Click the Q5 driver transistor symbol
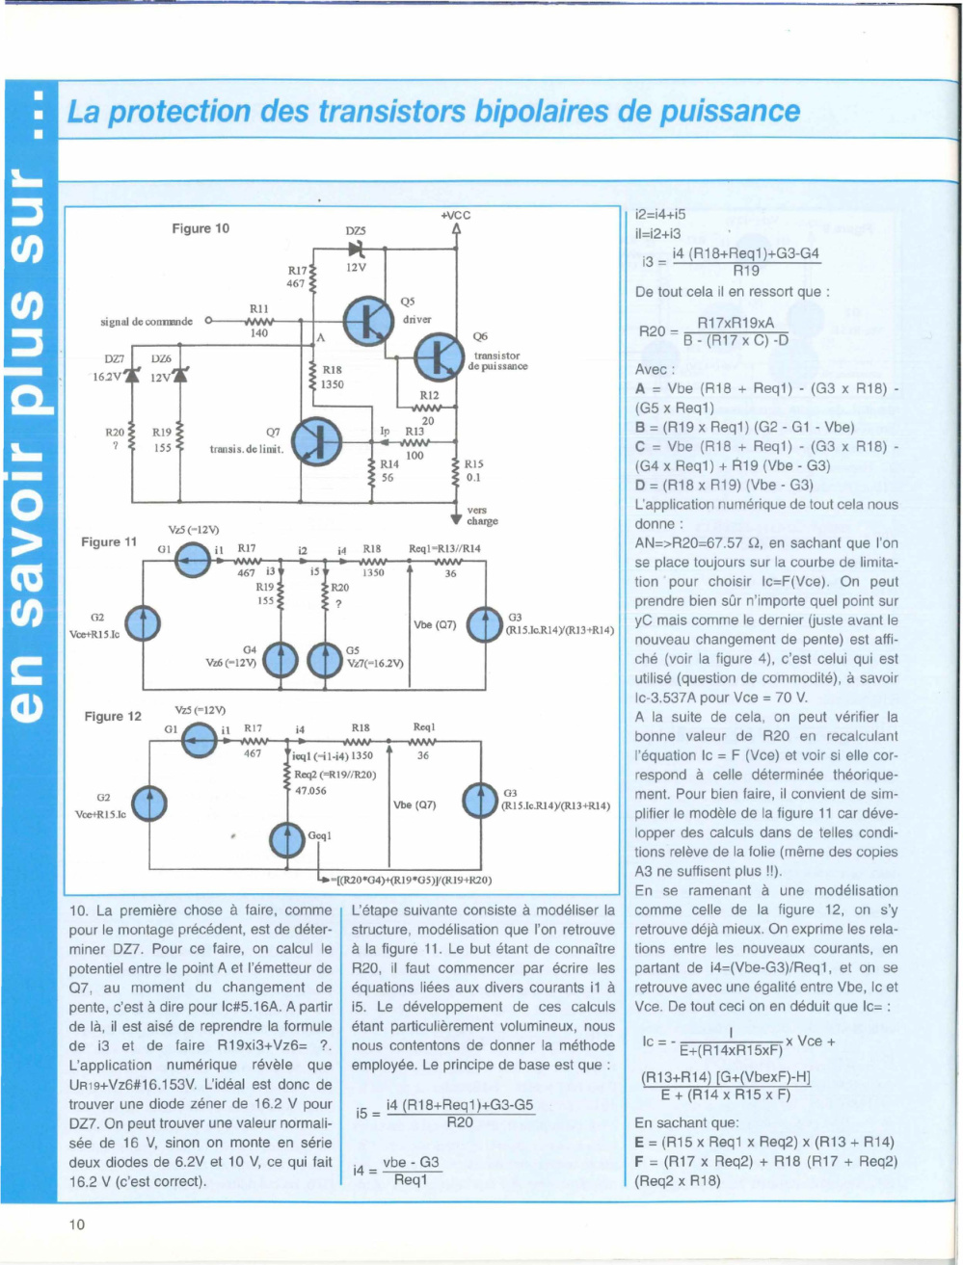(x=368, y=322)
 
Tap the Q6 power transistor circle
(x=440, y=356)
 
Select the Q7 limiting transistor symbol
(x=316, y=442)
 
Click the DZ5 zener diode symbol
(x=356, y=249)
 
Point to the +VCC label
(x=456, y=216)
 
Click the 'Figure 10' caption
(x=201, y=228)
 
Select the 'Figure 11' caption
(x=109, y=542)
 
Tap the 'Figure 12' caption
(x=113, y=717)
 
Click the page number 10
(x=77, y=1225)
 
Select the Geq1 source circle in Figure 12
(x=287, y=840)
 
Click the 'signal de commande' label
(x=147, y=322)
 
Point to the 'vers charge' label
(x=482, y=515)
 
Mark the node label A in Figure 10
(x=321, y=338)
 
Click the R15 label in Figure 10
(x=474, y=463)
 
